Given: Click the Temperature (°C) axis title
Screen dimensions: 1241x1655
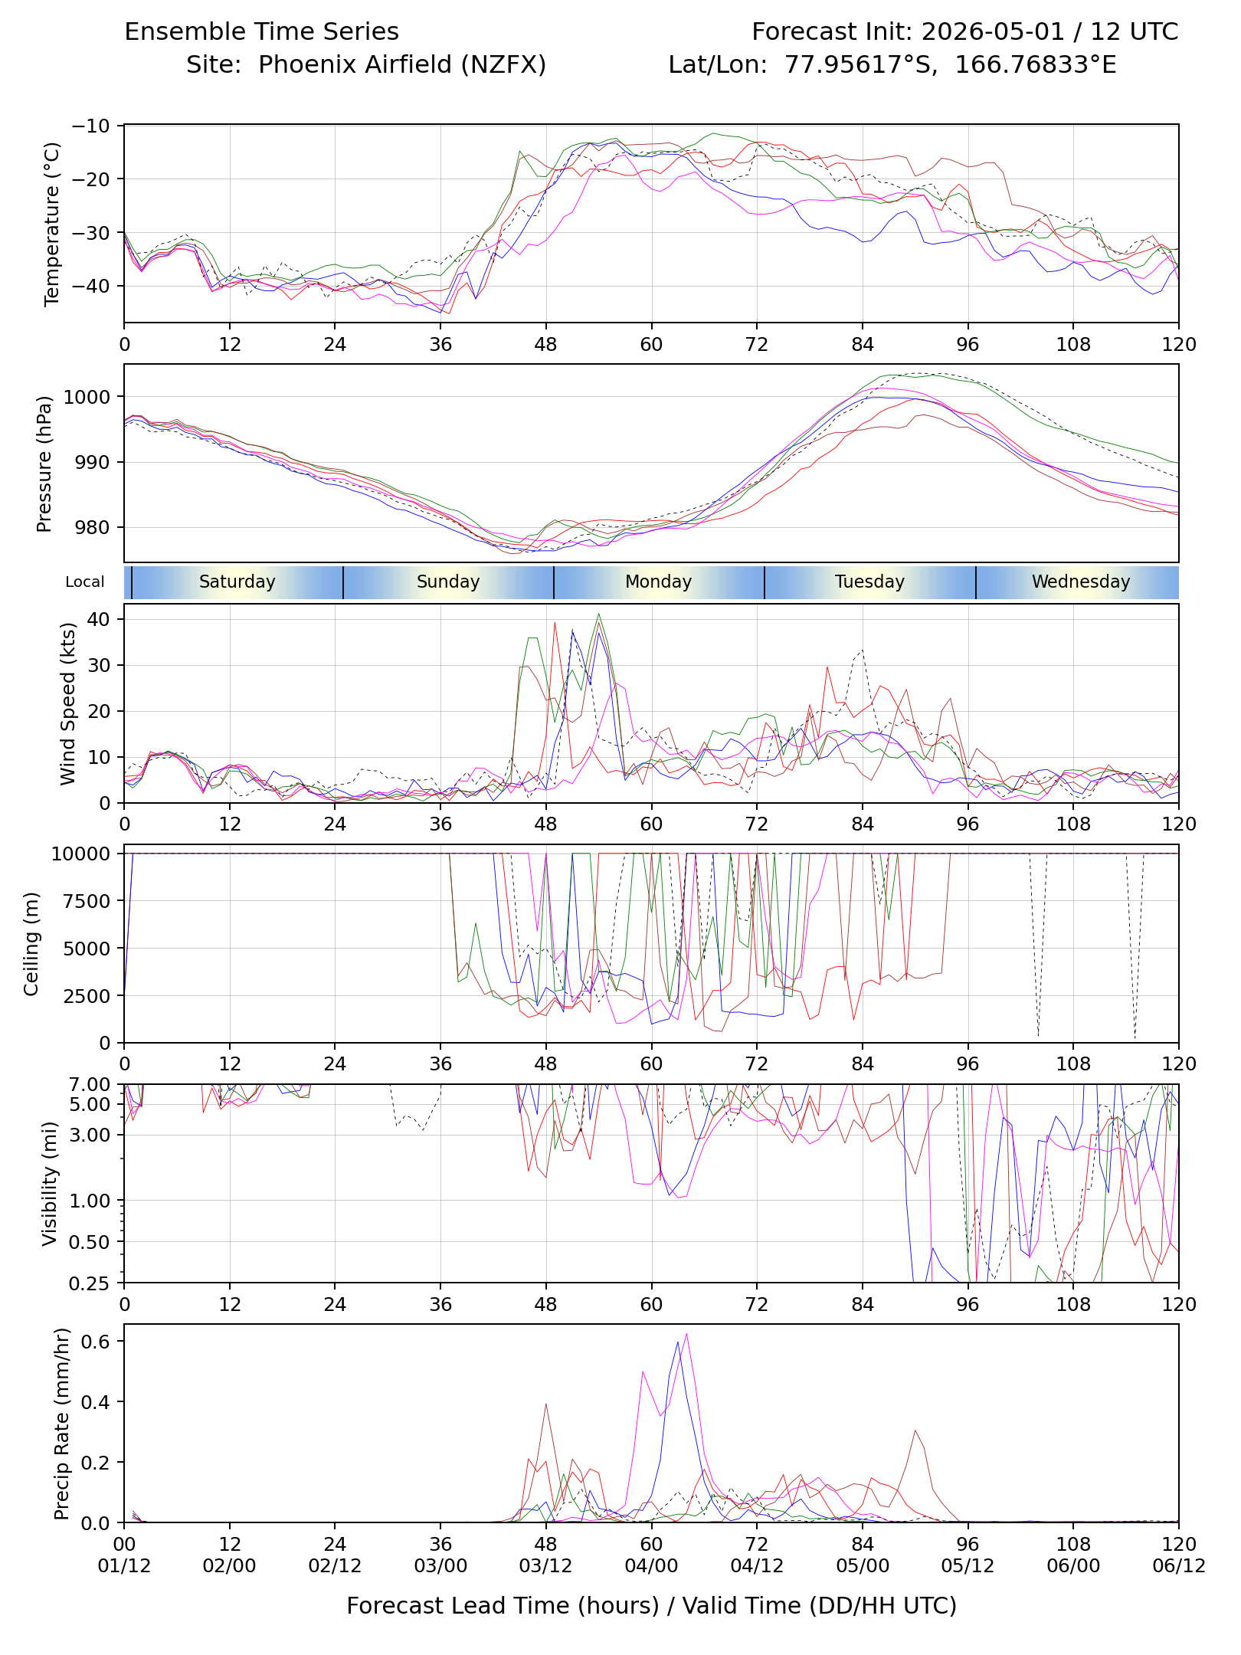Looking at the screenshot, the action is tap(51, 224).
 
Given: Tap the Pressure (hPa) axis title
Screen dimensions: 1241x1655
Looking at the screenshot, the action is tap(44, 464).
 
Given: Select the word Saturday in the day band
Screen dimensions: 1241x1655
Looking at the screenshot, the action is tap(237, 582).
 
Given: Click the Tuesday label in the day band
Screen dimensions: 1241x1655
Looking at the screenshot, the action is tap(869, 582).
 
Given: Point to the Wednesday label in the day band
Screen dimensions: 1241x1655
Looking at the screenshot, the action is tap(1081, 582).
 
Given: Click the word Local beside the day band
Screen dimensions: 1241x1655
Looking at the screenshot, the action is tap(84, 582).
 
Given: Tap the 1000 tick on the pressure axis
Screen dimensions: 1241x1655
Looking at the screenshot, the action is tap(87, 397).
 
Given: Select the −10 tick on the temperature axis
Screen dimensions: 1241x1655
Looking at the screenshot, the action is tap(91, 126).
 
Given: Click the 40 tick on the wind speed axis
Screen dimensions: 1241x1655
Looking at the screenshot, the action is tap(100, 618).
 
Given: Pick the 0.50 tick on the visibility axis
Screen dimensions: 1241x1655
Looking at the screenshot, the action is tap(90, 1242).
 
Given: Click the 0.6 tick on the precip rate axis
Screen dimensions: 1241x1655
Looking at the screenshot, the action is tap(97, 1341).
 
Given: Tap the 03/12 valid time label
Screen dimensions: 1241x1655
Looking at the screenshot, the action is tap(545, 1565).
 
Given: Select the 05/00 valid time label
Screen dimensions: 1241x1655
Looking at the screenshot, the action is tap(863, 1565).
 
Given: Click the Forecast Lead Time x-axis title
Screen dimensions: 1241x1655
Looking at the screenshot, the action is tap(652, 1605).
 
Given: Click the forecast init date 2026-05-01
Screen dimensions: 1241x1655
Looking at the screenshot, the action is tap(993, 31).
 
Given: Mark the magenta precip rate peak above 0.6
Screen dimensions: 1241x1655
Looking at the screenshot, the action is tap(686, 1334).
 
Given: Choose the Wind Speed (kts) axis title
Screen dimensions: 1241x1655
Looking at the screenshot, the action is tap(68, 703).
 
